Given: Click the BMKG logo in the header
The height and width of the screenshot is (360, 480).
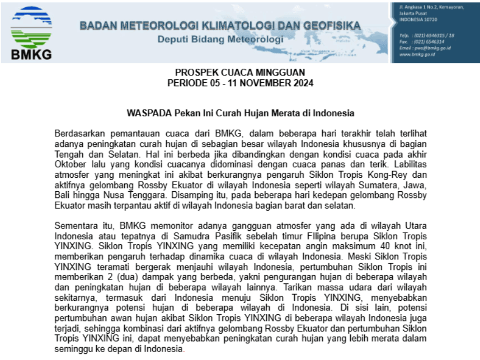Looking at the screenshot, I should (x=31, y=32).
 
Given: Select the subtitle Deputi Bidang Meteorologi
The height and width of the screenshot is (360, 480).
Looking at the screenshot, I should (x=220, y=40).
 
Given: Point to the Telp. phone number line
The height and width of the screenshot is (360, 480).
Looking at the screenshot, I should (x=427, y=35).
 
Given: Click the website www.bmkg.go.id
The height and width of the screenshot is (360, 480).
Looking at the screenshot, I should (x=417, y=55).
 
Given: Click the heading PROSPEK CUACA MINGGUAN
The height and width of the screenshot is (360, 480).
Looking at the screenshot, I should (x=240, y=73).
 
